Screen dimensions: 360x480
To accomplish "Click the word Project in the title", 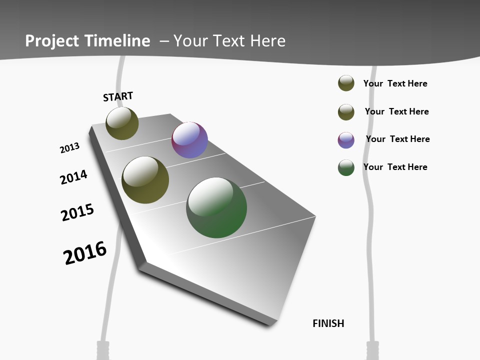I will (51, 41).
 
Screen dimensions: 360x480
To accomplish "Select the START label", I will (118, 96).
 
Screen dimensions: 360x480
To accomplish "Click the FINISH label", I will (328, 323).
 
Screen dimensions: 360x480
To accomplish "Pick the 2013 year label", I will (69, 148).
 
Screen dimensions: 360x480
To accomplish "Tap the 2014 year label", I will (73, 177).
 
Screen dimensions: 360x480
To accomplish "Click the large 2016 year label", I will (85, 253).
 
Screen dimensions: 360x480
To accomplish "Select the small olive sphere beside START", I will (122, 123).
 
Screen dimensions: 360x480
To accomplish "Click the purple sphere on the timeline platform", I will (189, 140).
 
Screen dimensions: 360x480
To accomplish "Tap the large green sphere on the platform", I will (216, 207).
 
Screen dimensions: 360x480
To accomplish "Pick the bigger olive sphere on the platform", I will (145, 180).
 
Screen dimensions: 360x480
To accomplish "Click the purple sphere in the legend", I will (346, 140).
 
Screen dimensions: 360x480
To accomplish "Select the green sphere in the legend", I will (346, 167).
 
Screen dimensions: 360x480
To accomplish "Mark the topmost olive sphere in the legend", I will (346, 83).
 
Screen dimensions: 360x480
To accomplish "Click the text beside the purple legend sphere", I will (397, 139).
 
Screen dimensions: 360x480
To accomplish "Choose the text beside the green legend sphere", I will (395, 167).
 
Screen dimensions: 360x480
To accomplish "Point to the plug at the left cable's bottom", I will (102, 350).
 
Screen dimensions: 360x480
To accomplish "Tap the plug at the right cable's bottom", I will (373, 350).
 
